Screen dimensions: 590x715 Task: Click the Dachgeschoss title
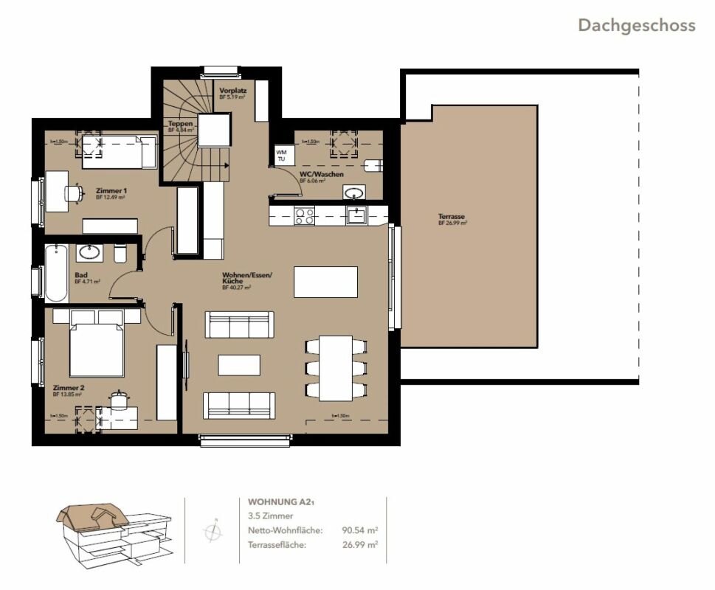pos(636,25)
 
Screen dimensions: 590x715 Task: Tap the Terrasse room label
pos(451,218)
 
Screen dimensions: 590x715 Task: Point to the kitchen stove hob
pos(304,215)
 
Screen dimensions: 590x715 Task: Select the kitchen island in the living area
pos(325,282)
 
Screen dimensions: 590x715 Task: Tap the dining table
pos(336,368)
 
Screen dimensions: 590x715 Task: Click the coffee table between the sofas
pos(238,365)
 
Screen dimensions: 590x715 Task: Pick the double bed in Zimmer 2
pos(96,350)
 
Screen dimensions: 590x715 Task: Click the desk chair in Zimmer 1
pos(73,192)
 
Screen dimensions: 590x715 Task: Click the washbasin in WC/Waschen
pos(354,193)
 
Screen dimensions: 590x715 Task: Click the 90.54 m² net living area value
pos(360,530)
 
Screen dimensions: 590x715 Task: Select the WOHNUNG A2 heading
pos(281,502)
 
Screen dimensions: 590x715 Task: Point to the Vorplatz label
pos(232,91)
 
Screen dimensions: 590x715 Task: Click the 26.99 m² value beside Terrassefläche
pos(360,544)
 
